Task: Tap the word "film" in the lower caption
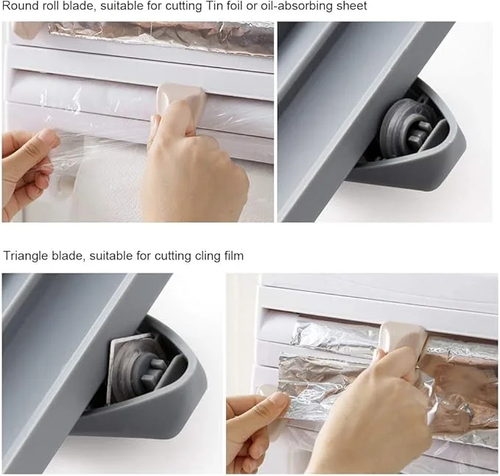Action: [233, 256]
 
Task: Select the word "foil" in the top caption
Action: [236, 6]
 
